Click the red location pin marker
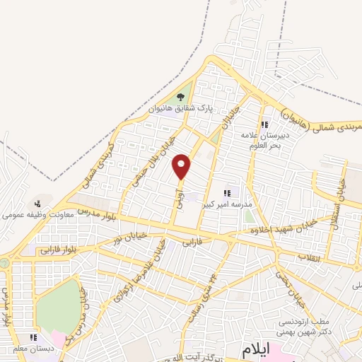[x=182, y=167]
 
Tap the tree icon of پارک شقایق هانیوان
[x=181, y=97]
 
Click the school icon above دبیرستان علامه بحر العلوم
[x=264, y=125]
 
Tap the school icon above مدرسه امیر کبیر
[x=227, y=192]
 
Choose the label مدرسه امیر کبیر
[x=227, y=204]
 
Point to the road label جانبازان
[x=227, y=116]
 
